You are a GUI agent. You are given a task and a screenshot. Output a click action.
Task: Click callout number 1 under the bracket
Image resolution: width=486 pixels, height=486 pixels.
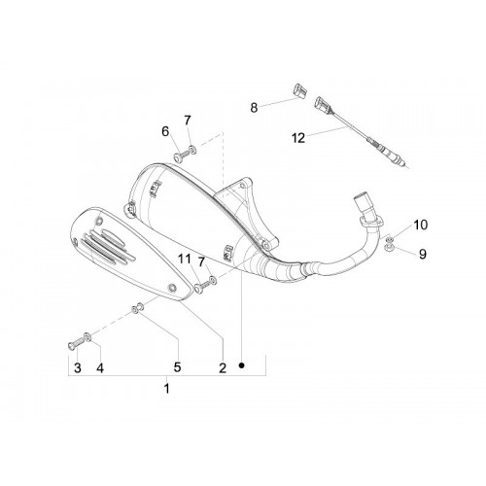pos(166,388)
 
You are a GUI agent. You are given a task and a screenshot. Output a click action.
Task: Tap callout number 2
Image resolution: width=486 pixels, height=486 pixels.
pos(223,368)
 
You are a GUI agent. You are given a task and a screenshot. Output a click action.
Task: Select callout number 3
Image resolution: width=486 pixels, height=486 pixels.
pos(78,368)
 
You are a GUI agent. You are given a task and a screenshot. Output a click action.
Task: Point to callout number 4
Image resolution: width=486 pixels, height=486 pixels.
pos(100,368)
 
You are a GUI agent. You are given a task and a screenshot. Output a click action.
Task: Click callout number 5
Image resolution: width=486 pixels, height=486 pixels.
pos(177,367)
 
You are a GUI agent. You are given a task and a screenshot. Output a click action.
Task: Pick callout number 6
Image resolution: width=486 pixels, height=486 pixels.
pos(165,131)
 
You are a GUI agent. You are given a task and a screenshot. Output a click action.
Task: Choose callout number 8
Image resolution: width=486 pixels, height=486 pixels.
pos(254,108)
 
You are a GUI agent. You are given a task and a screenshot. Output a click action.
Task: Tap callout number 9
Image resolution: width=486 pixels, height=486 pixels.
pos(423,254)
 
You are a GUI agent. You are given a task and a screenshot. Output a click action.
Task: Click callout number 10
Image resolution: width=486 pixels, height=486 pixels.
pos(421,225)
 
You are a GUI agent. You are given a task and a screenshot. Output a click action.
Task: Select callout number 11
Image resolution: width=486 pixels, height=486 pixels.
pos(185,259)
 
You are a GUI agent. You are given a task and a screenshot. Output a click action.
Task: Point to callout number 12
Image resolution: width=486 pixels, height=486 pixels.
pos(298,138)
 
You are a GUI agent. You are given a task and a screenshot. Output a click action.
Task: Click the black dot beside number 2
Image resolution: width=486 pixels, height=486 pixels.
pos(241,365)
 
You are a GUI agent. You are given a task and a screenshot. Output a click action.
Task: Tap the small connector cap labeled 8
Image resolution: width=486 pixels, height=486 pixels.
pos(300,90)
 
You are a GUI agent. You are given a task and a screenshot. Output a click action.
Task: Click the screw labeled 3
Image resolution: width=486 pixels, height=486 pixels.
pos(75,343)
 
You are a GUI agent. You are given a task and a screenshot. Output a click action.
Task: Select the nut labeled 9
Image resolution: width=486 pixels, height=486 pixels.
pos(387,248)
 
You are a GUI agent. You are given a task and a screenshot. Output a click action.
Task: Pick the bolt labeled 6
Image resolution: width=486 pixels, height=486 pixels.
pos(182,156)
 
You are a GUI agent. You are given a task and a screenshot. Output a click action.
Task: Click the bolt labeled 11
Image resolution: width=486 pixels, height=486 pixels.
pos(202,286)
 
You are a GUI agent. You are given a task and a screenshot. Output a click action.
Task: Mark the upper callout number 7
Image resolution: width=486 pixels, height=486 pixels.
pos(188,121)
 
